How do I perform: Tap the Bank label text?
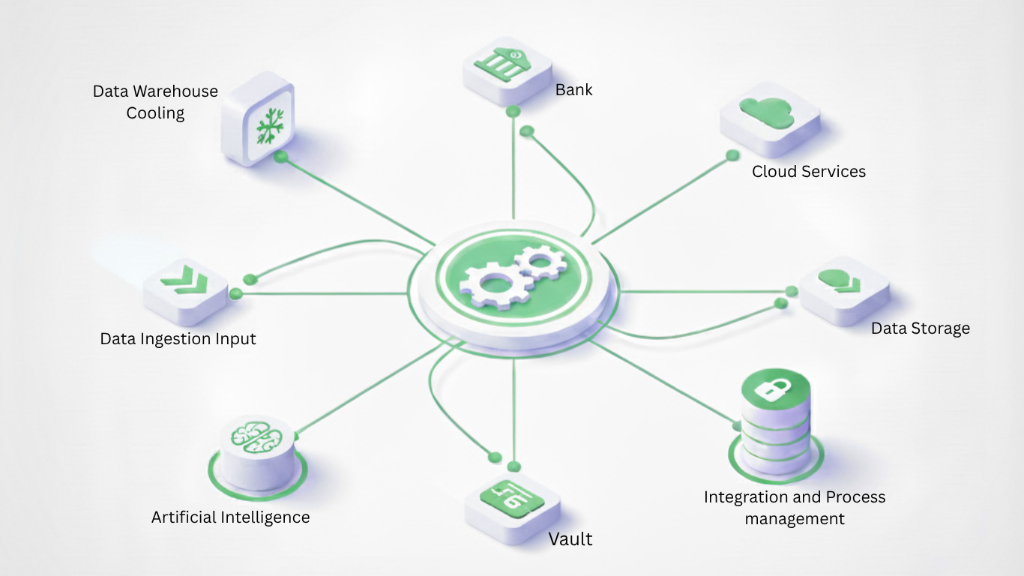(574, 90)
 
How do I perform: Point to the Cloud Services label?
(809, 172)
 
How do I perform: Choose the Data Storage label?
(920, 328)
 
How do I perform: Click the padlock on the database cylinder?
(776, 389)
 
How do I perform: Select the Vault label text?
(570, 539)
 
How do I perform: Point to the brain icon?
(256, 436)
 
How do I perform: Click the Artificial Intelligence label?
(230, 517)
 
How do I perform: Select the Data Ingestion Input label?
(178, 339)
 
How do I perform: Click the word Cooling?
(155, 113)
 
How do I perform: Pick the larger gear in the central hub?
(488, 283)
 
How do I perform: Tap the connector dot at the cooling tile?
(281, 157)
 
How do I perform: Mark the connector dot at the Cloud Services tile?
(732, 155)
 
